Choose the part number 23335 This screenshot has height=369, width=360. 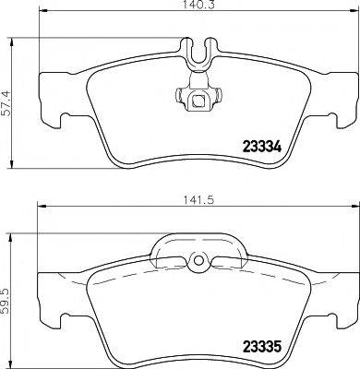pos(261,350)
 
